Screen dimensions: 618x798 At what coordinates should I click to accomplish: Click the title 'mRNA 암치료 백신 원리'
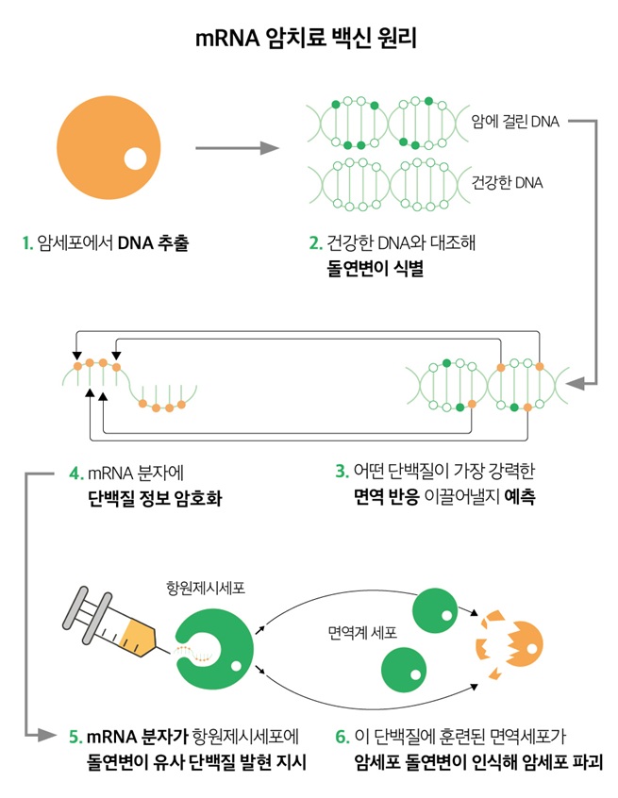pyautogui.click(x=306, y=38)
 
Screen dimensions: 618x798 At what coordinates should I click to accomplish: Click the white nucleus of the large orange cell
pyautogui.click(x=135, y=158)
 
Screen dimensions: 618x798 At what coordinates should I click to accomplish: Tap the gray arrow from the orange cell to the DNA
pyautogui.click(x=237, y=148)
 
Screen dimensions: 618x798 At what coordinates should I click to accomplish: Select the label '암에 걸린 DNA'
pyautogui.click(x=515, y=122)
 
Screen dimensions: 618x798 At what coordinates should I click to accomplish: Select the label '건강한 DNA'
pyautogui.click(x=507, y=182)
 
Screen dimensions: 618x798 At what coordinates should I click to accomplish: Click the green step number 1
pyautogui.click(x=28, y=242)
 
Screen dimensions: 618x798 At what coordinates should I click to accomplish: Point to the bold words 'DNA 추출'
pyautogui.click(x=153, y=242)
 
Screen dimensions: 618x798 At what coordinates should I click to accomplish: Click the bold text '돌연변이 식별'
pyautogui.click(x=376, y=268)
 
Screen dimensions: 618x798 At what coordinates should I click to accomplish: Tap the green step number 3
pyautogui.click(x=342, y=472)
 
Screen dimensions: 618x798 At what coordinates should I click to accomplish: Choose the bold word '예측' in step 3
pyautogui.click(x=520, y=496)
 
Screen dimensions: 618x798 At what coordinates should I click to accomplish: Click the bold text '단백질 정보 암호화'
pyautogui.click(x=156, y=498)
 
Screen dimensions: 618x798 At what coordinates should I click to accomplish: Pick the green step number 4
pyautogui.click(x=75, y=474)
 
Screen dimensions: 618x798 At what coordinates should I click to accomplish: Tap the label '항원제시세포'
pyautogui.click(x=206, y=588)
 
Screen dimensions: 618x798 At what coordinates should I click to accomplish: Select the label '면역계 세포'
pyautogui.click(x=362, y=633)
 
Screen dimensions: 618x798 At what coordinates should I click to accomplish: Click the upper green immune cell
pyautogui.click(x=434, y=611)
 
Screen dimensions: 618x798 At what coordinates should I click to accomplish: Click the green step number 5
pyautogui.click(x=75, y=737)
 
